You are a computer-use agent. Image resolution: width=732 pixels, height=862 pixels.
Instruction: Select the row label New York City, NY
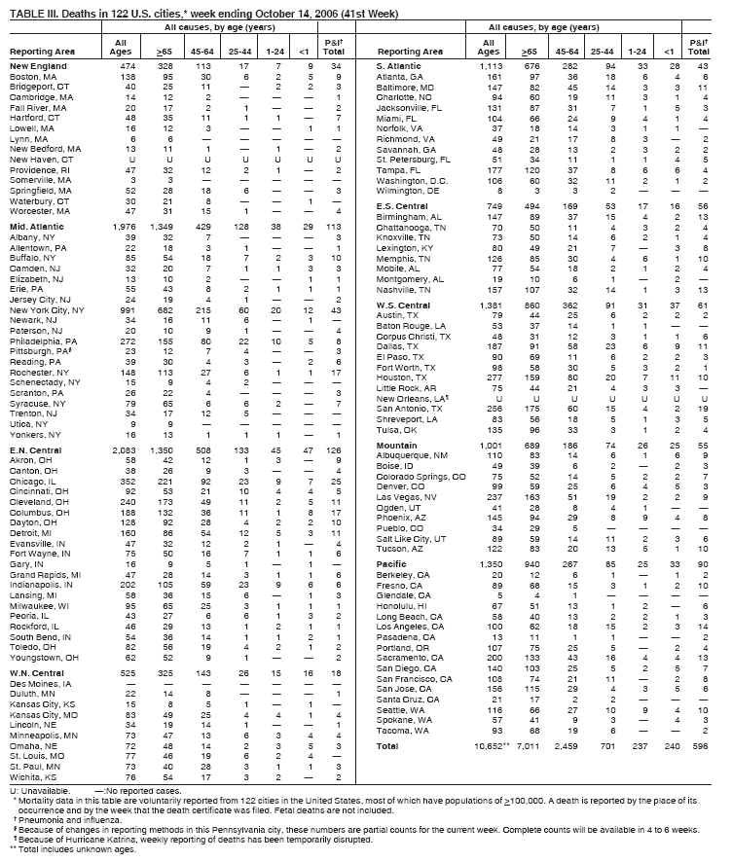[x=48, y=308]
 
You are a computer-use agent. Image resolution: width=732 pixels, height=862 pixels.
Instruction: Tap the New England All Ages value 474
[x=124, y=64]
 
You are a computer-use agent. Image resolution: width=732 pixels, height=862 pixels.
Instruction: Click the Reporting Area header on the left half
[x=39, y=50]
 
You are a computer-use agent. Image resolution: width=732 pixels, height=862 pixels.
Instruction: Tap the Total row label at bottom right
[x=388, y=746]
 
